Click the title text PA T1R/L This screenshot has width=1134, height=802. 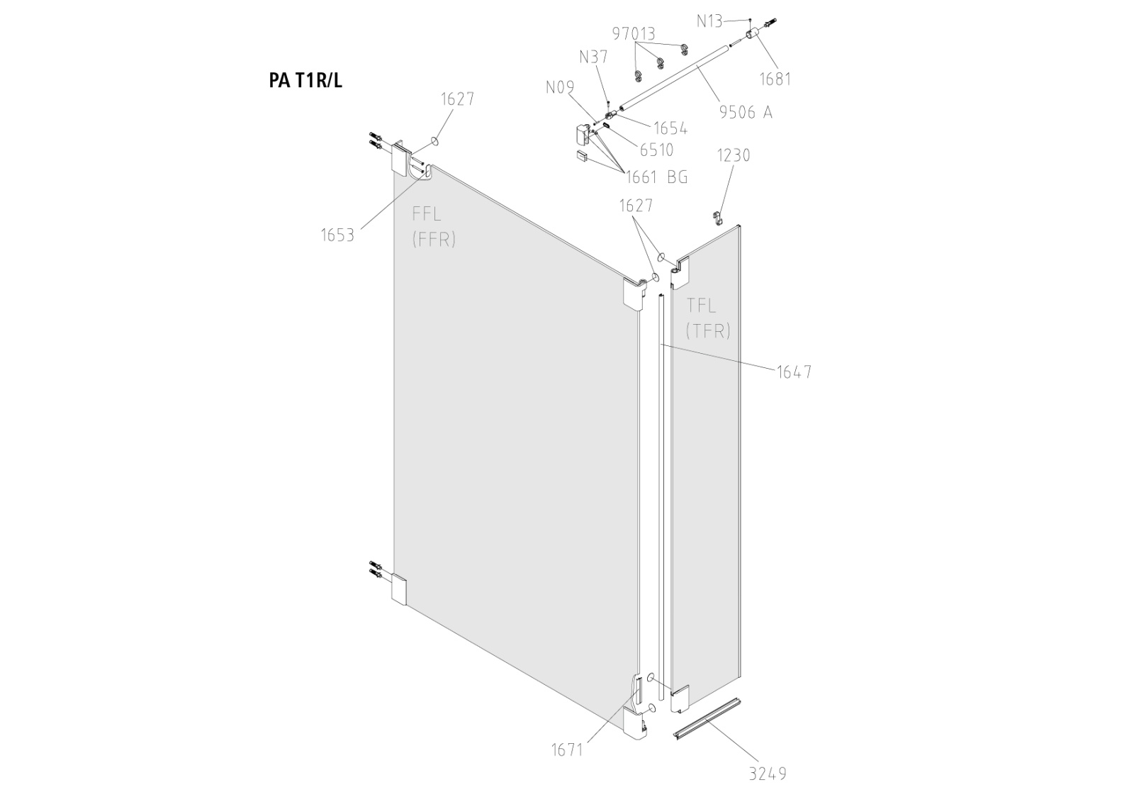305,80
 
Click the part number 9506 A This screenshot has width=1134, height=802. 746,112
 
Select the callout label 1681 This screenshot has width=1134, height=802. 775,79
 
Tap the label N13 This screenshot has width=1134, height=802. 709,21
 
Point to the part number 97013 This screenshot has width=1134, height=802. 634,34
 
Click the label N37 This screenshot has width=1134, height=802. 593,57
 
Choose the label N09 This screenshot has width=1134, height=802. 560,88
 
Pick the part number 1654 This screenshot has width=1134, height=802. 670,128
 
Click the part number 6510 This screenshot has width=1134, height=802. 656,150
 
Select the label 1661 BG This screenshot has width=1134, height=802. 656,177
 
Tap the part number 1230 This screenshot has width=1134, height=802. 734,155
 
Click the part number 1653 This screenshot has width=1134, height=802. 337,235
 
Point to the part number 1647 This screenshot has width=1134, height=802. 794,372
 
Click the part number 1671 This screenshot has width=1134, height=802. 567,749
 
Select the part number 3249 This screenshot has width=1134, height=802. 768,774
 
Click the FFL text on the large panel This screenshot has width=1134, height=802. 427,214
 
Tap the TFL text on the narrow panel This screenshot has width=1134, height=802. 702,306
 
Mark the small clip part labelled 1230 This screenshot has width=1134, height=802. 717,217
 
